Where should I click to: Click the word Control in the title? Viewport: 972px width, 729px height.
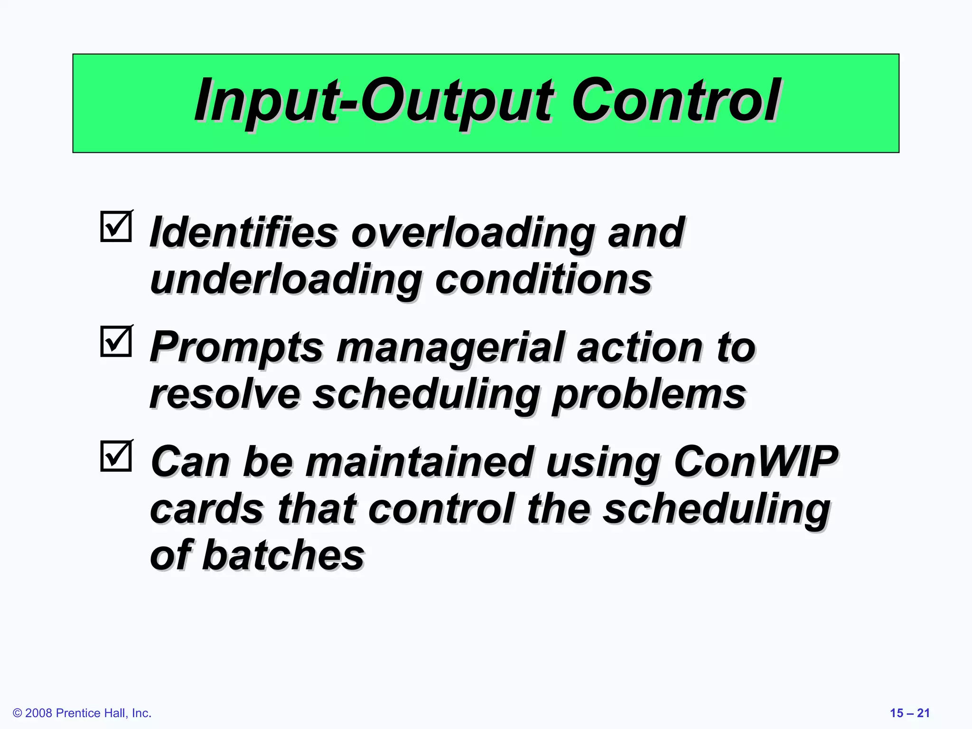(x=676, y=101)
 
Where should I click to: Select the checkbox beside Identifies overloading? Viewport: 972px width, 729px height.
(x=116, y=226)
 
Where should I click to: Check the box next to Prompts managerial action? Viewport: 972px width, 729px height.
(x=116, y=341)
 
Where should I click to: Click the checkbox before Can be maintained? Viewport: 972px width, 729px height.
(x=116, y=456)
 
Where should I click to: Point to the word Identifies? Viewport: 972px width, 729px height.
(x=243, y=233)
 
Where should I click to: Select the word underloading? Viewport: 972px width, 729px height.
(x=285, y=280)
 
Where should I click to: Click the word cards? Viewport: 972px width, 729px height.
(x=206, y=509)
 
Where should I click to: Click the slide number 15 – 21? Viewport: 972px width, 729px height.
(x=909, y=713)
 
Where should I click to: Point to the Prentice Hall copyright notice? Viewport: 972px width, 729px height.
(x=82, y=713)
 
